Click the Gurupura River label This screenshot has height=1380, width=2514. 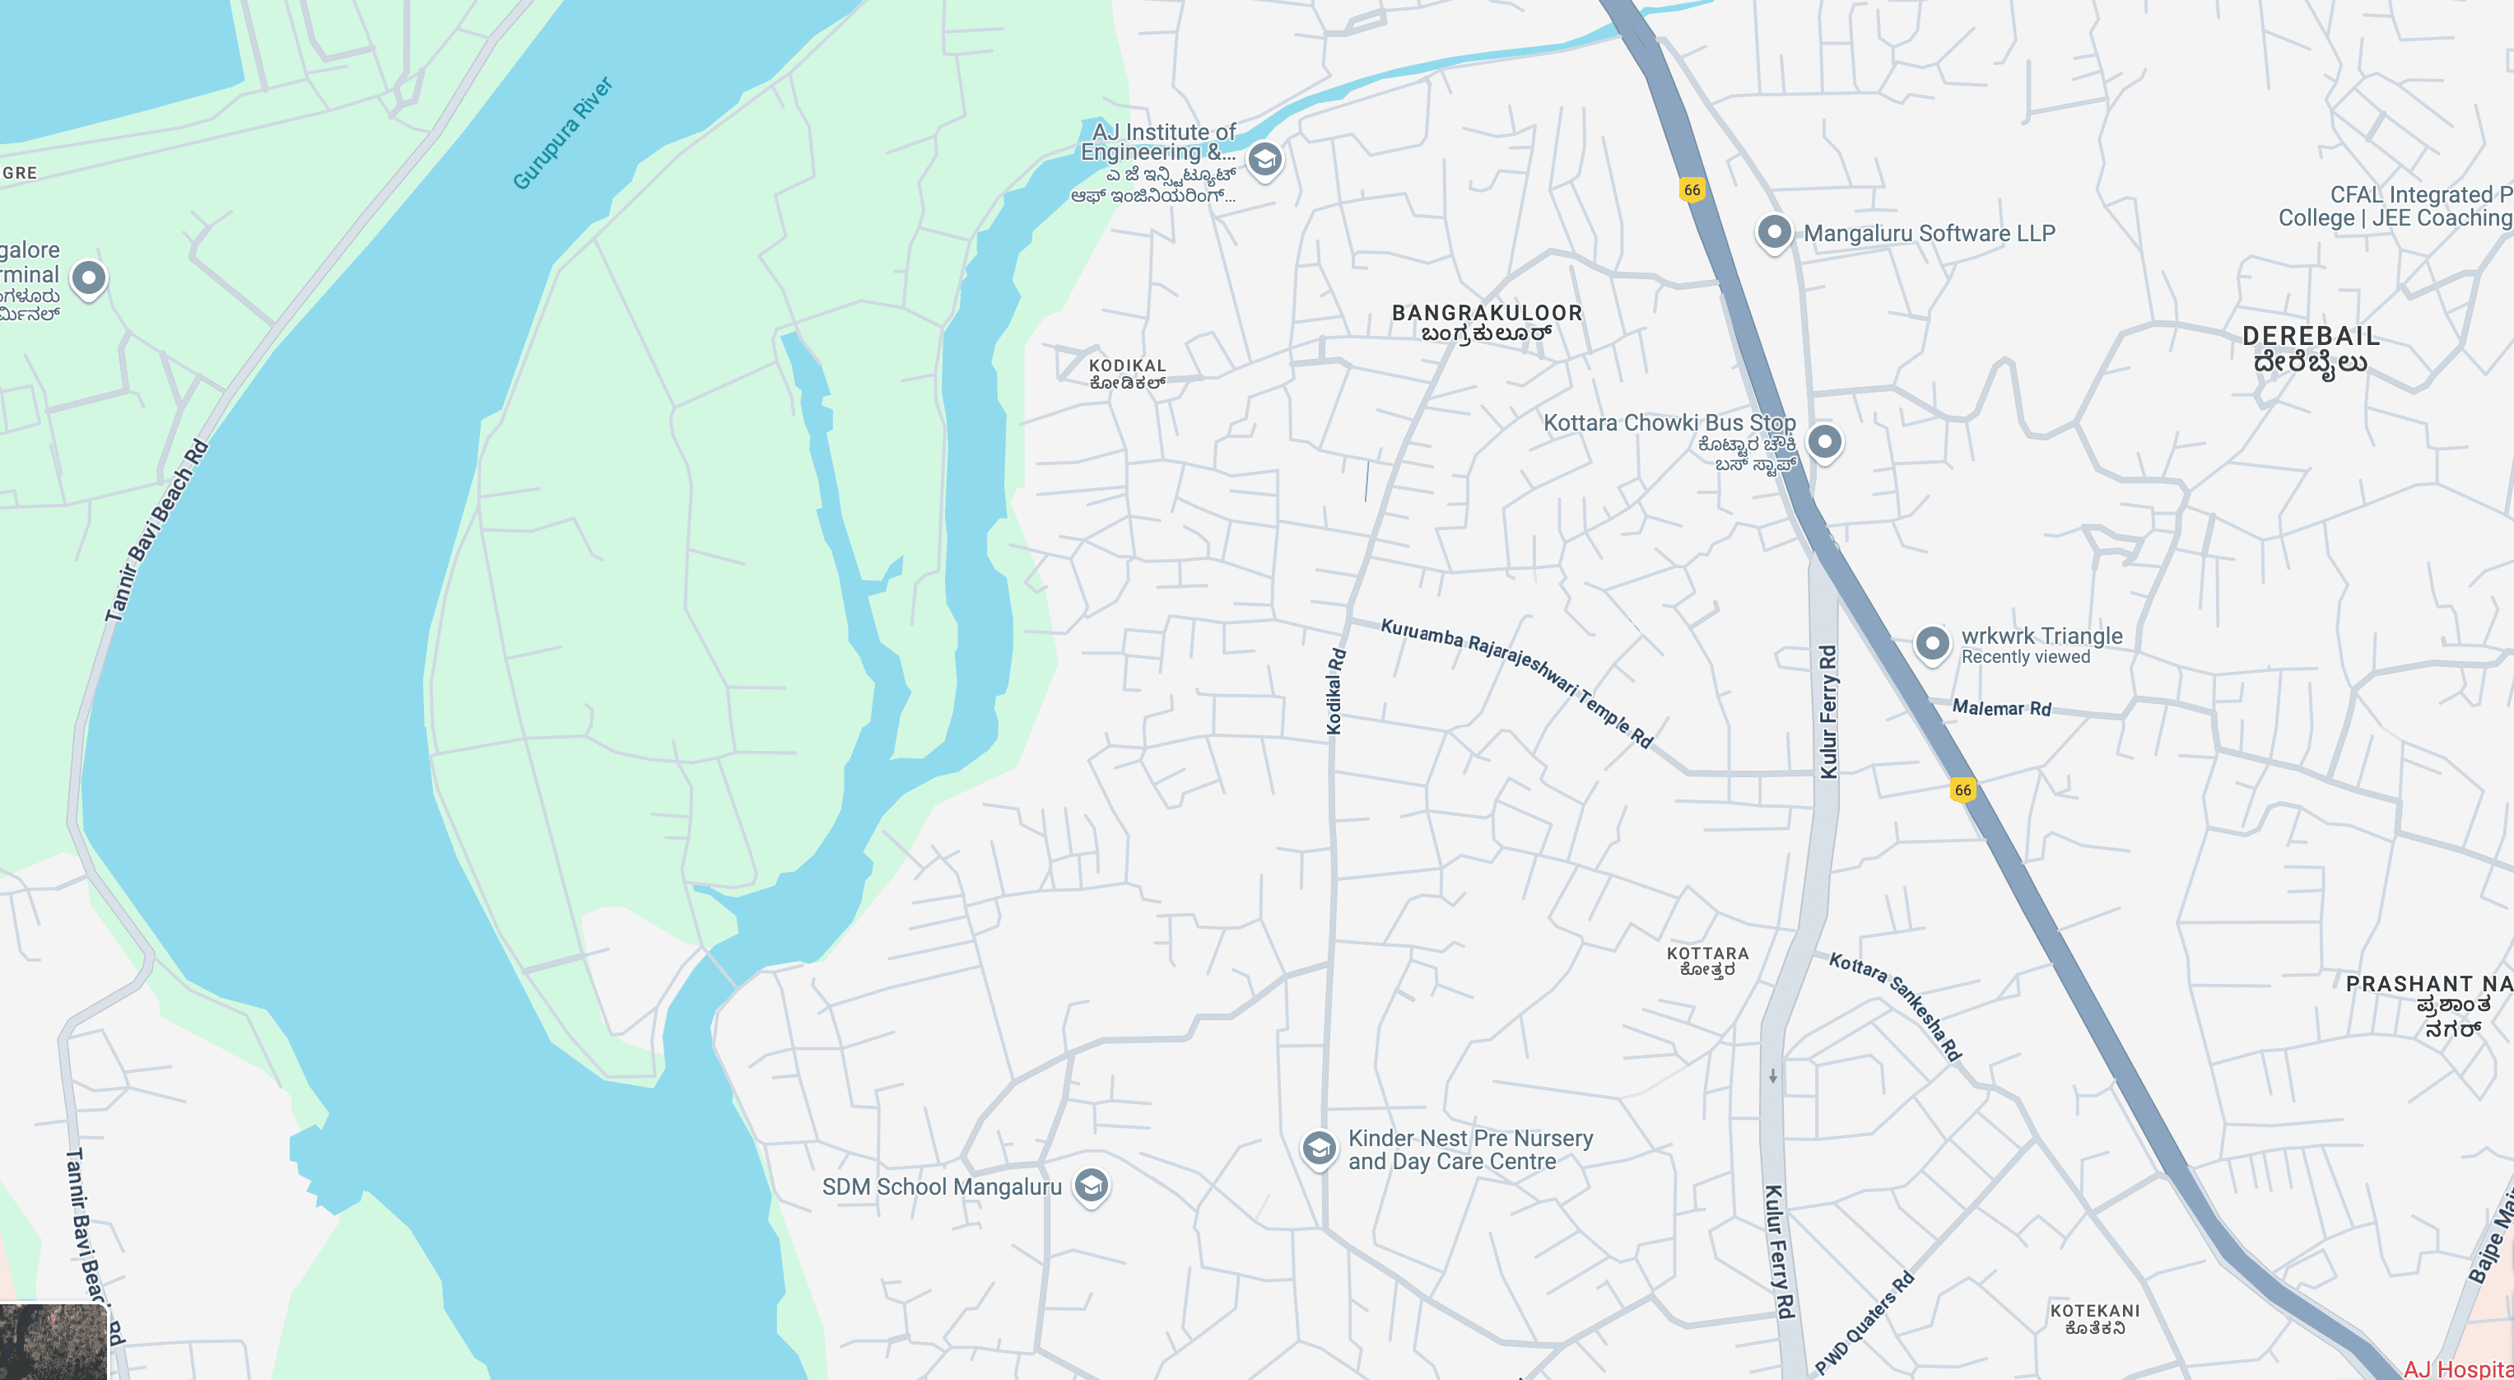point(563,133)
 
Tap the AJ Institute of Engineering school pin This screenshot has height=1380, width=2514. point(1264,159)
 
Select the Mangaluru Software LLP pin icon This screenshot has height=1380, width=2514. point(1773,232)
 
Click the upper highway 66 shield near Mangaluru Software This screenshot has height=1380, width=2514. point(1692,189)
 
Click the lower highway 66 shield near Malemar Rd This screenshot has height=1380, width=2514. point(1962,790)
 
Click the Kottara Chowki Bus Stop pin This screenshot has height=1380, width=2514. point(1824,442)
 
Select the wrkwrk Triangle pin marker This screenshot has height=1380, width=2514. point(1931,643)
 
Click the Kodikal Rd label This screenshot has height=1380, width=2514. point(1335,691)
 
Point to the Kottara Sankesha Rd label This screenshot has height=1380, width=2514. point(1894,1005)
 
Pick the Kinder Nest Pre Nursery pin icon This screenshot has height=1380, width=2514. point(1319,1148)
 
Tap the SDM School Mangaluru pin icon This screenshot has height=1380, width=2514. point(1091,1186)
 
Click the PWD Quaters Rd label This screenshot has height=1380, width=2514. point(1864,1322)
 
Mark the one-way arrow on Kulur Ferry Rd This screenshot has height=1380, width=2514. point(1772,1076)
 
